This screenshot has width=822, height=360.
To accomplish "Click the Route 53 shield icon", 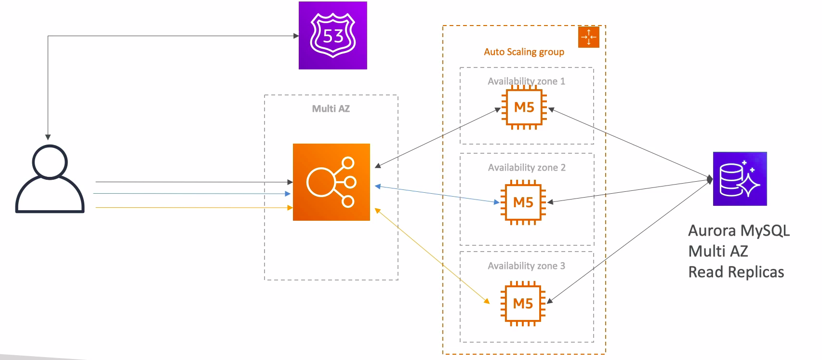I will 333,35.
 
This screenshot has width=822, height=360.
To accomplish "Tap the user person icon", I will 50,179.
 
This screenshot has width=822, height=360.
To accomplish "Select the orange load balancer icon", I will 331,182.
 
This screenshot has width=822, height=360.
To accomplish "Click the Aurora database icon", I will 740,179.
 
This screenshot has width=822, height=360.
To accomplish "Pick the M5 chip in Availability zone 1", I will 524,107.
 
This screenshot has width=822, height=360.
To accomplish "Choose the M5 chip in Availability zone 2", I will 523,202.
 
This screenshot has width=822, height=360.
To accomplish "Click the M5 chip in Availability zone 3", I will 523,304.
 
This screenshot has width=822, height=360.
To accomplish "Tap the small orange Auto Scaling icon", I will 588,37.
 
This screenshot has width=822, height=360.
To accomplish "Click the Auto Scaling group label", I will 524,52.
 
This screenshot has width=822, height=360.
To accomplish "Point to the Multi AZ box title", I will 331,109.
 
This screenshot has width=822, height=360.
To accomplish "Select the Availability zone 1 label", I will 526,81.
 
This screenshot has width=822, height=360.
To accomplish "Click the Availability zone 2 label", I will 527,168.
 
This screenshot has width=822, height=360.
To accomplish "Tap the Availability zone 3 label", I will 526,266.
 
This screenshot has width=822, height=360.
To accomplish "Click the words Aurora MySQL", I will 739,231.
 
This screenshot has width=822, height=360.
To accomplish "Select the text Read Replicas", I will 736,272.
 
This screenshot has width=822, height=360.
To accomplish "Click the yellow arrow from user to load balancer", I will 193,208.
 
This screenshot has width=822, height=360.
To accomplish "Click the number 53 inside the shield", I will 333,36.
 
